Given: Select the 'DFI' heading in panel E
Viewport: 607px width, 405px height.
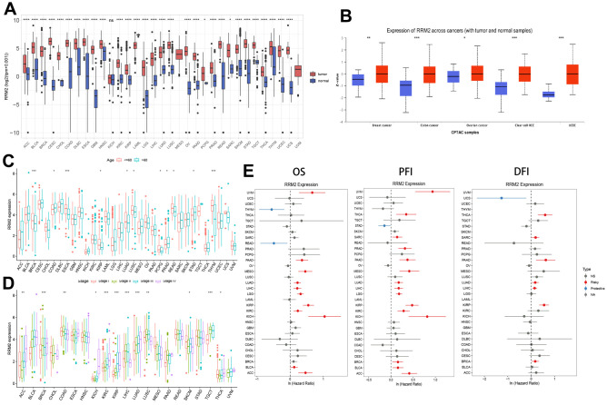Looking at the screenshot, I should [x=532, y=170].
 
